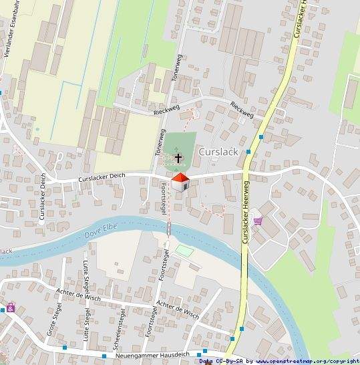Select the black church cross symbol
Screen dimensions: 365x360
coord(178,158)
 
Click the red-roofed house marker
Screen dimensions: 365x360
coord(180,181)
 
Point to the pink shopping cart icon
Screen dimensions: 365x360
coord(258,221)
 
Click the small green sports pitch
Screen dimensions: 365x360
coord(184,251)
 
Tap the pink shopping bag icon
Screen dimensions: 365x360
coord(11,308)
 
